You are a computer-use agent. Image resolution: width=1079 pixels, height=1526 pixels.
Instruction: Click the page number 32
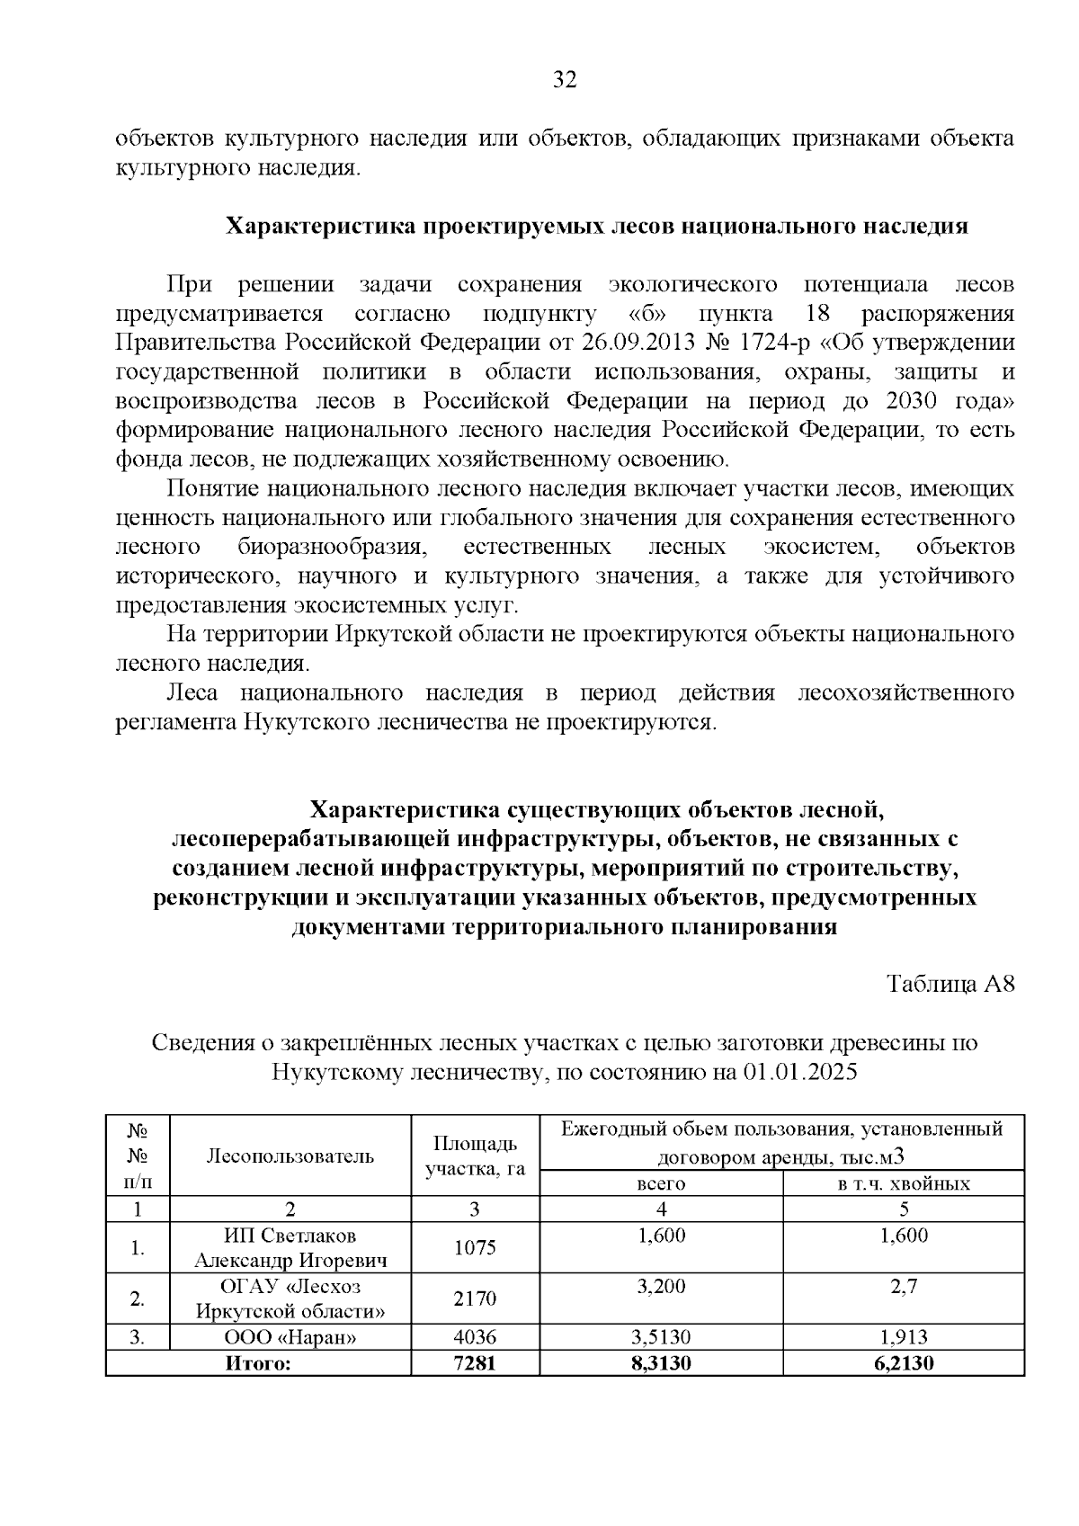564,80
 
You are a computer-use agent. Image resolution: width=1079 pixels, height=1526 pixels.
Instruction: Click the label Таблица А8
950,984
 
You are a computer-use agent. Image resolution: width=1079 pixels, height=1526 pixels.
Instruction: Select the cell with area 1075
475,1248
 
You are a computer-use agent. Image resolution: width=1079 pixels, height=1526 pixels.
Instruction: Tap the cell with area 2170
475,1298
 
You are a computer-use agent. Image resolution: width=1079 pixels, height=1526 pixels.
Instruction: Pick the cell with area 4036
475,1337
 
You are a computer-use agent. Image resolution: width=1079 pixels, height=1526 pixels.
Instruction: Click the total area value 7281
475,1363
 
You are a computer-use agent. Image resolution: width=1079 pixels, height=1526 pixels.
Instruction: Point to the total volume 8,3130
661,1363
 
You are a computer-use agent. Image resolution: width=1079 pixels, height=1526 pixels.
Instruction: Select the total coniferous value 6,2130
904,1363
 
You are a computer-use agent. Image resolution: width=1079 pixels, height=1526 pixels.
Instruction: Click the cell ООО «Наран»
290,1337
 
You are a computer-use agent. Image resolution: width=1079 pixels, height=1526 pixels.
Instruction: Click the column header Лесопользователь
290,1156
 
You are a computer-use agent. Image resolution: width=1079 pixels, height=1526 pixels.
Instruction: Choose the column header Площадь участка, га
475,1156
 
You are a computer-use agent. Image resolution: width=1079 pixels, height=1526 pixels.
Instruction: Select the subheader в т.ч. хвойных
904,1183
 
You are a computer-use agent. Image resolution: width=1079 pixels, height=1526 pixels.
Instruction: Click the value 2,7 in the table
904,1287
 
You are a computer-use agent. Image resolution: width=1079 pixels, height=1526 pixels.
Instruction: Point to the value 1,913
904,1337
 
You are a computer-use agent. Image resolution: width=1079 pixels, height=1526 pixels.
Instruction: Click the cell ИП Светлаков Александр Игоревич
290,1248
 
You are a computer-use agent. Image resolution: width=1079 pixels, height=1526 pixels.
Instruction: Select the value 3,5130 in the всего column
661,1337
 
